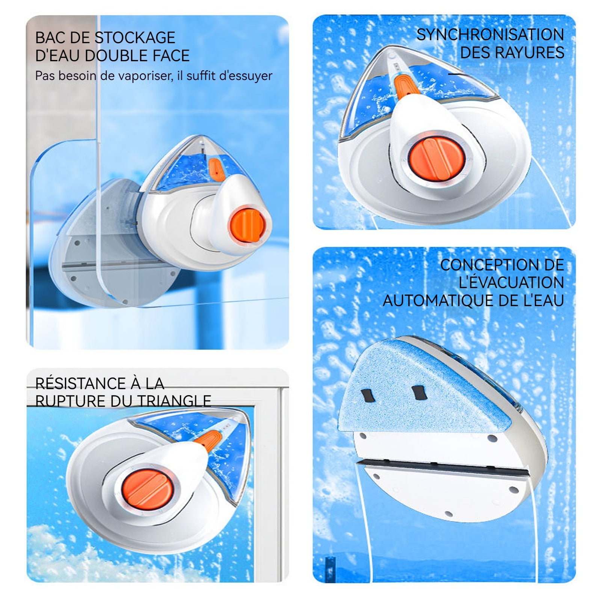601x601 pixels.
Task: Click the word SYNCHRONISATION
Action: point(490,35)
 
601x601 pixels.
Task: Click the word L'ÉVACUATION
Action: point(511,282)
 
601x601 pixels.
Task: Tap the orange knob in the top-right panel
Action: point(438,158)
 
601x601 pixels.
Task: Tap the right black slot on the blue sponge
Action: point(418,393)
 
